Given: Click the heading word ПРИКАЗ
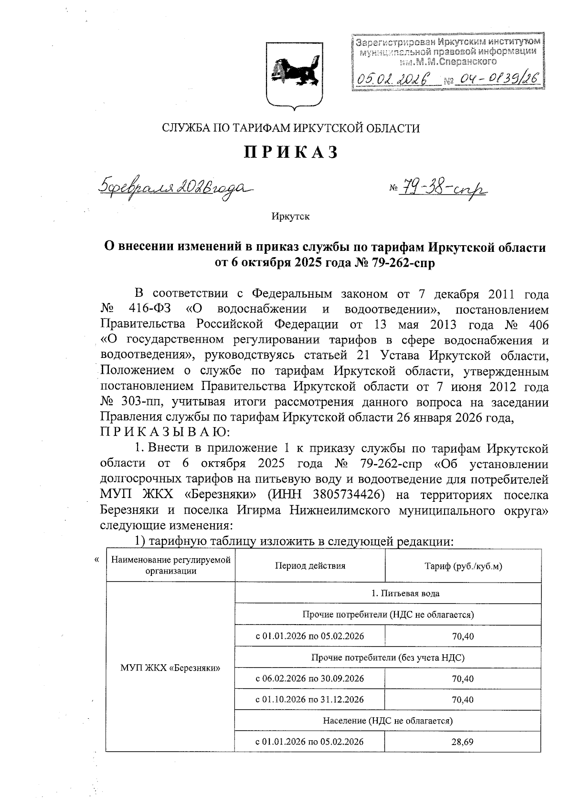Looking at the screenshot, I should (291, 152).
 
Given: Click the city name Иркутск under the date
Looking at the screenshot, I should (290, 216).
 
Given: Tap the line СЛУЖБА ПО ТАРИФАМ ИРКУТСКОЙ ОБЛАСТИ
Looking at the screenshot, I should (291, 128).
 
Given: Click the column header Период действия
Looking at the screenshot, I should (310, 566).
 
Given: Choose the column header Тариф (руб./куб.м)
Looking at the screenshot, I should (463, 566).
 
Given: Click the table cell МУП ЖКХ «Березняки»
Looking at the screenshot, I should (170, 668).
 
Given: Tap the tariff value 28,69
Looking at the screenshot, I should (463, 742).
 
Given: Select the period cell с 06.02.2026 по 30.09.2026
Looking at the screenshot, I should (310, 679).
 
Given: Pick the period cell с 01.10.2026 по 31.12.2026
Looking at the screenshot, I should (310, 700).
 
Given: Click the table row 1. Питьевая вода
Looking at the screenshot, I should (388, 594).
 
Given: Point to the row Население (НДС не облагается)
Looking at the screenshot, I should (388, 721).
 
